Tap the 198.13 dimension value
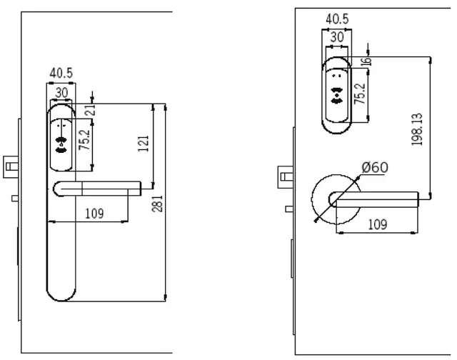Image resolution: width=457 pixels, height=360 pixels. click(418, 129)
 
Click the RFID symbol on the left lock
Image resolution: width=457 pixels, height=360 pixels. click(61, 144)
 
